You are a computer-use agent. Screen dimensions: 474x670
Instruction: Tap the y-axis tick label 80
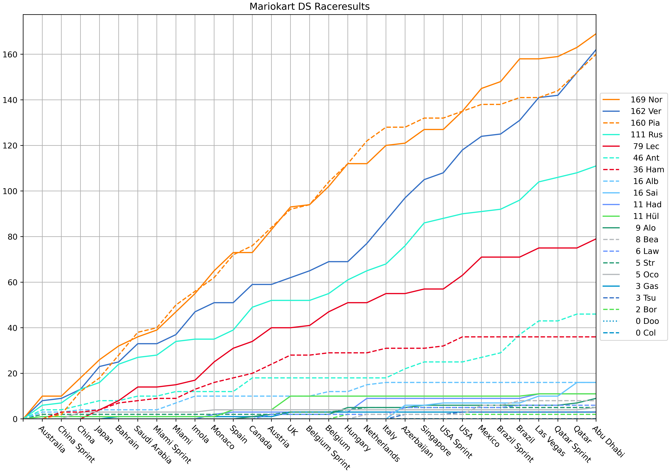[x=12, y=237]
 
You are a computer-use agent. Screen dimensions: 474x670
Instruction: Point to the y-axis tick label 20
[x=12, y=373]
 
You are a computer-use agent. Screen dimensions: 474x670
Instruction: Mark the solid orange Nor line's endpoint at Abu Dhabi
[x=596, y=34]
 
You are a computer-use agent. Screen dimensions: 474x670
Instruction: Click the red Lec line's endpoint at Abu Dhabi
[x=596, y=239]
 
